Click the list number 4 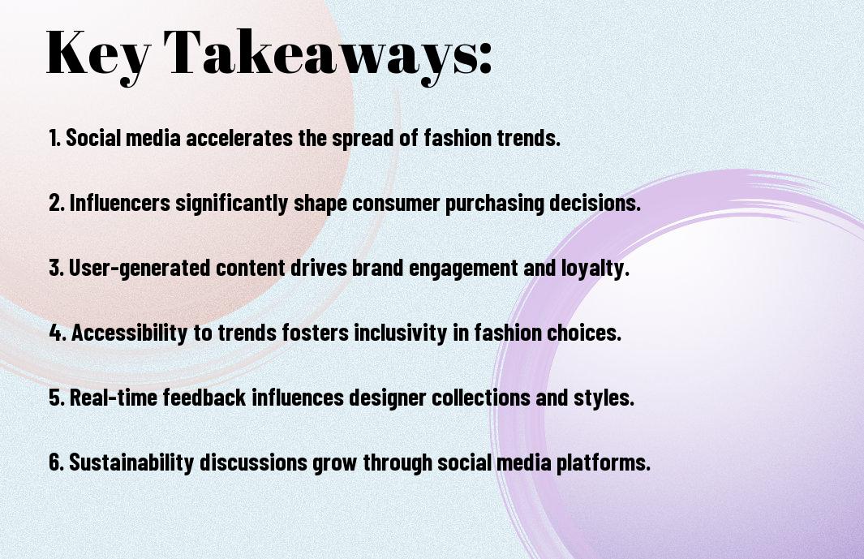pos(55,333)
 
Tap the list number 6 pos(55,462)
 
